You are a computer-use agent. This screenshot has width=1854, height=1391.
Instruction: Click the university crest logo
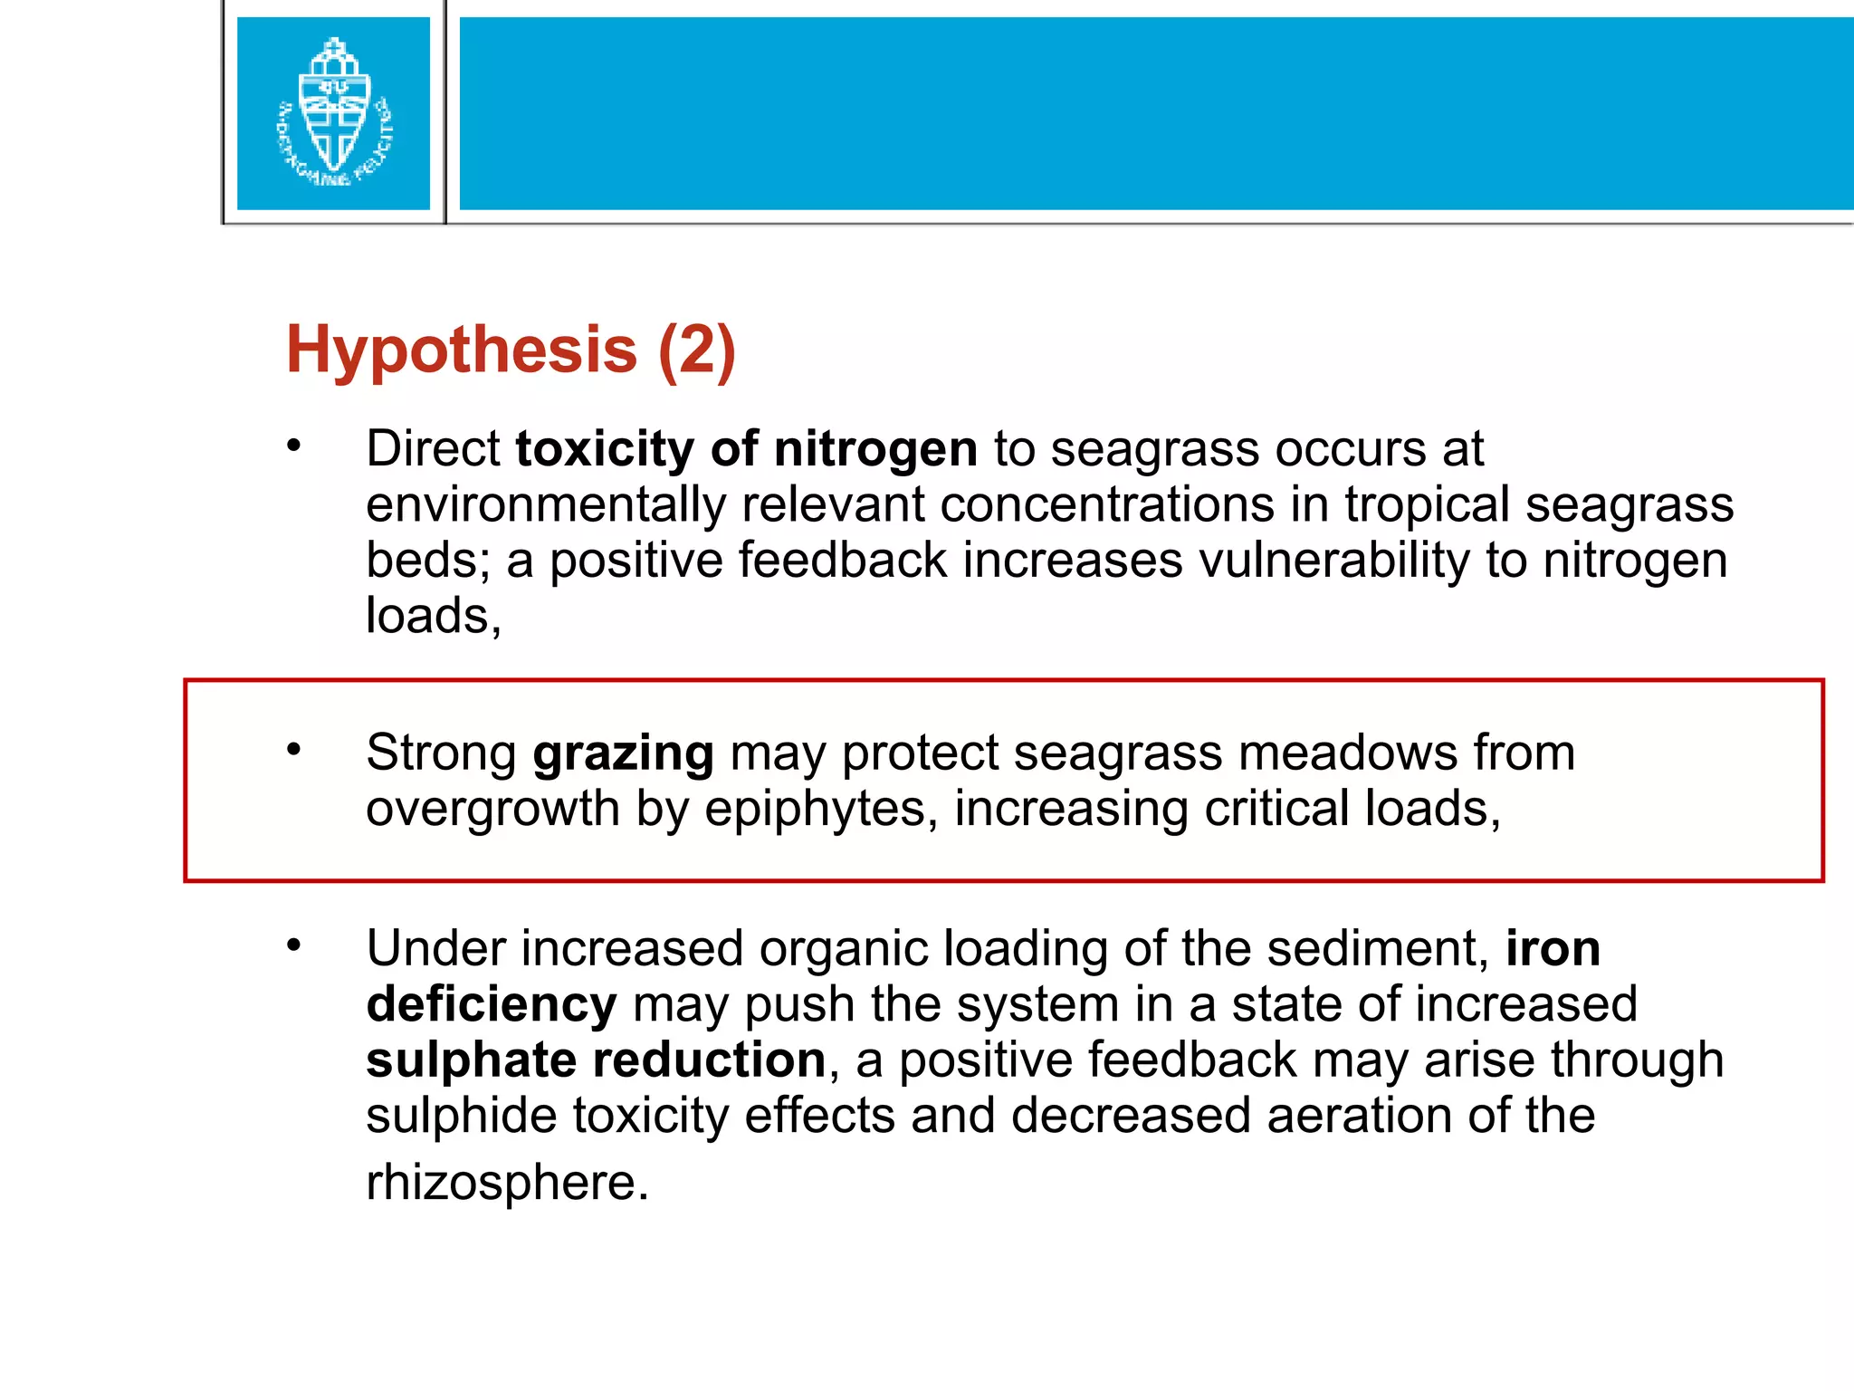pos(333,113)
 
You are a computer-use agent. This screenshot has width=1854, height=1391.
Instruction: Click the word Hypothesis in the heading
pos(462,350)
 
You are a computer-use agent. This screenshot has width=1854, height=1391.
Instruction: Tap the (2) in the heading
pos(697,350)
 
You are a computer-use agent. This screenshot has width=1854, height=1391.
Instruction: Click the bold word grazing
pos(623,754)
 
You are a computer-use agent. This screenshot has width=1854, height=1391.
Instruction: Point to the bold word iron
pos(1553,949)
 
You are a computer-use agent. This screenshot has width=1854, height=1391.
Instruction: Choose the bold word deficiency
pos(492,1005)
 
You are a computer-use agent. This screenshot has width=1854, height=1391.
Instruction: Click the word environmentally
pos(546,505)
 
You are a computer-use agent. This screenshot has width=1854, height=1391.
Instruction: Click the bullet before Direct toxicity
pos(292,446)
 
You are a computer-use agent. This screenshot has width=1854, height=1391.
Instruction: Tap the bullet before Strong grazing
pos(292,749)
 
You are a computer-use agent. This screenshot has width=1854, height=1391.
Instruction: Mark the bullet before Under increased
pos(292,945)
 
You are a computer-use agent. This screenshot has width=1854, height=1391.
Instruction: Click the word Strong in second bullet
pos(441,753)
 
